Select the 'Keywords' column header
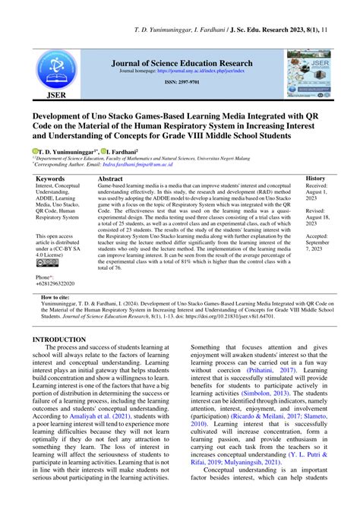pos(50,179)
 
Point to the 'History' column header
pos(315,179)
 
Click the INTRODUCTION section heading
pos(65,340)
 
